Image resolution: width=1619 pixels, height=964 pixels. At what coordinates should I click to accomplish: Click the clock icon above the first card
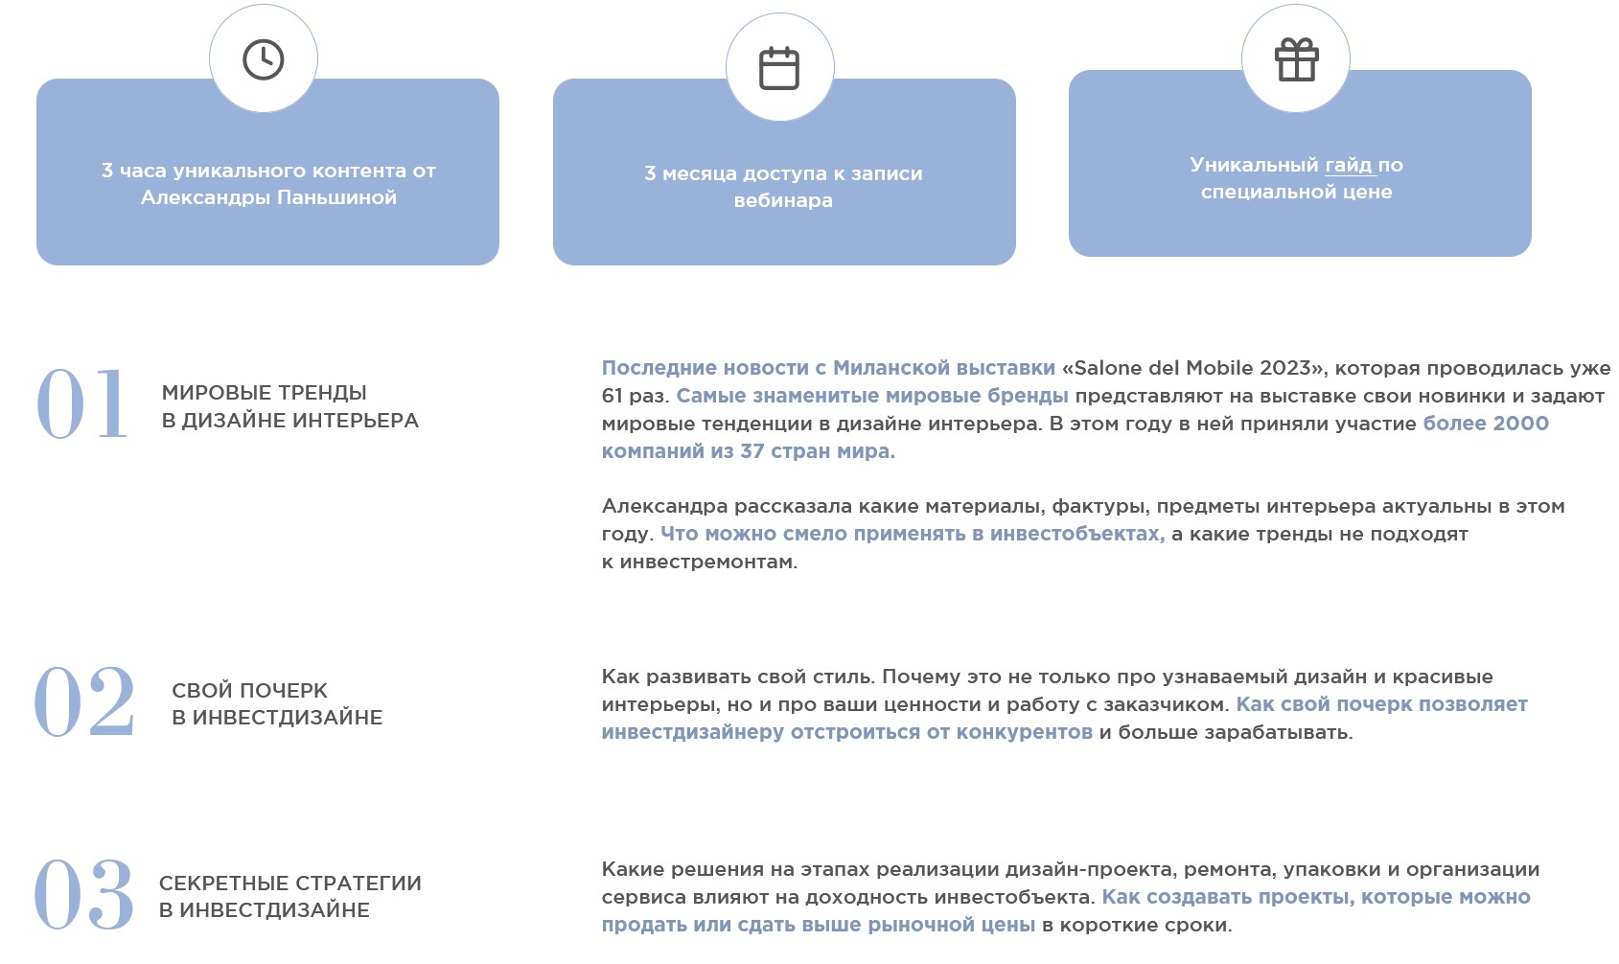[264, 59]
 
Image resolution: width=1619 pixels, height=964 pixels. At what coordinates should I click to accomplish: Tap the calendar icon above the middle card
[779, 68]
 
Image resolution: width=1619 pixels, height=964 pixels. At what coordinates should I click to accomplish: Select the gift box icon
[1296, 59]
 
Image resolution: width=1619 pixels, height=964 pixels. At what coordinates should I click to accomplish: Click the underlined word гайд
[1349, 165]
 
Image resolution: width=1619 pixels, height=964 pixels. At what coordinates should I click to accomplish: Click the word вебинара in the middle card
[783, 200]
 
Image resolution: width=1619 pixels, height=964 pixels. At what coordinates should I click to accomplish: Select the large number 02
[84, 702]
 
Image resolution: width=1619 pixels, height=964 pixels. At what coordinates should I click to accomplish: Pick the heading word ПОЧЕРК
[280, 691]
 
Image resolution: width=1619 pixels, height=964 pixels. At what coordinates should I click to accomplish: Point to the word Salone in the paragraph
[1106, 368]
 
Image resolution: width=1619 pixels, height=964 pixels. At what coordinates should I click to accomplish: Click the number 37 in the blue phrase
[752, 451]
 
